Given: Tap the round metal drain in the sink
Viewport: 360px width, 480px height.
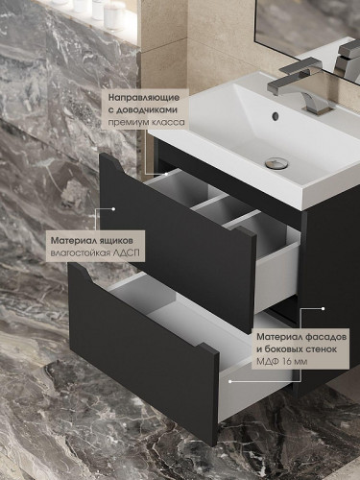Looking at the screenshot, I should tap(276, 162).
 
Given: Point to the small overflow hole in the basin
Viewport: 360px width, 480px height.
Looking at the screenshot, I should tap(275, 116).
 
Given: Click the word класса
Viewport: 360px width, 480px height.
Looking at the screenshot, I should tap(166, 124).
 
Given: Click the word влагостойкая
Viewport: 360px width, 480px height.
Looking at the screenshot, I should tap(81, 252).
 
